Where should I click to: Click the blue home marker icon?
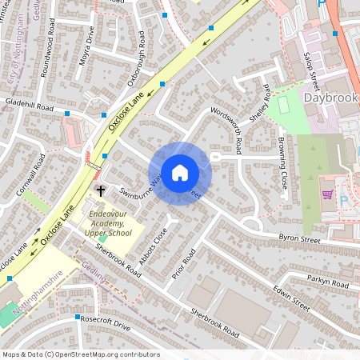click(x=180, y=173)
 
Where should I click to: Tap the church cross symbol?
click(x=101, y=190)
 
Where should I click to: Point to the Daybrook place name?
click(x=331, y=97)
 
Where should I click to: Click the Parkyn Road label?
click(x=329, y=282)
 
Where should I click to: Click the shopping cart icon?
click(x=327, y=194)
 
